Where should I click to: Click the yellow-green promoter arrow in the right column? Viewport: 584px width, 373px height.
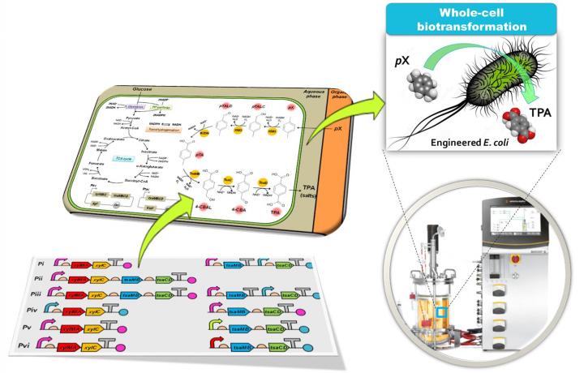tap(216, 328)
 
